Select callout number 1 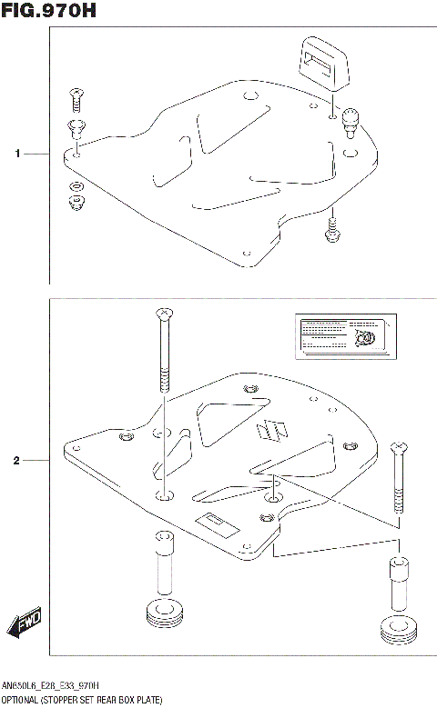[16, 155]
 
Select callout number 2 [16, 461]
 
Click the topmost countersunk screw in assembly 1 [75, 94]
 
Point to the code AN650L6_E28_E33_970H [51, 685]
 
